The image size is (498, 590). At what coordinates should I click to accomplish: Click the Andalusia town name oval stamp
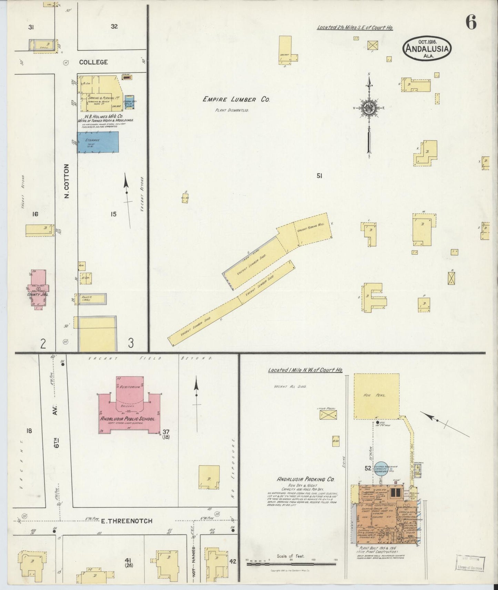(427, 49)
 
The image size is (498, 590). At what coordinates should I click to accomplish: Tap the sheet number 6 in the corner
(471, 23)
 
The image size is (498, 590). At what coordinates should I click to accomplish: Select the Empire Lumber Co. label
(236, 99)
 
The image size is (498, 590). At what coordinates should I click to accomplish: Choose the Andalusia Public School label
(128, 419)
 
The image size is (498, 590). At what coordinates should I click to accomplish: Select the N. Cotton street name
(67, 181)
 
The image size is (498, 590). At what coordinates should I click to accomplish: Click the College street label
(93, 62)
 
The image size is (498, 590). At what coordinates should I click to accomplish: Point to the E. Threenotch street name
(126, 521)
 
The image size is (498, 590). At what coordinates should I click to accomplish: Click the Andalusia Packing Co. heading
(301, 479)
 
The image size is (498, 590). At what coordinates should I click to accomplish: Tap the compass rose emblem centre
(369, 108)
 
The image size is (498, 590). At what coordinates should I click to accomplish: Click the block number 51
(319, 176)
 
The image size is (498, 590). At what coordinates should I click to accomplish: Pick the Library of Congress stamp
(470, 563)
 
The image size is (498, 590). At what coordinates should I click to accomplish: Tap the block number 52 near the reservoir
(368, 468)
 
